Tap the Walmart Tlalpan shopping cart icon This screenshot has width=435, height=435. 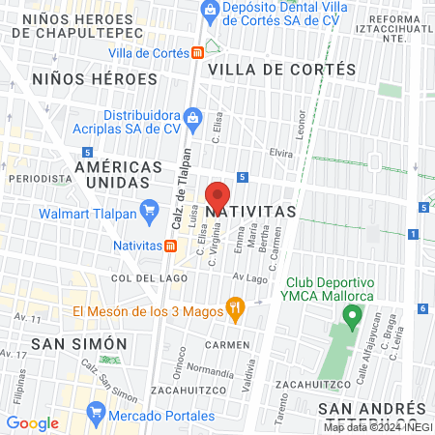click(149, 209)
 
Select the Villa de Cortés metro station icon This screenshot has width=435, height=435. click(196, 52)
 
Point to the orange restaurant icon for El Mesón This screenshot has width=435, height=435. click(233, 310)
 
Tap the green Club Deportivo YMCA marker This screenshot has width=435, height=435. click(353, 315)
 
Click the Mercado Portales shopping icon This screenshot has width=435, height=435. click(96, 413)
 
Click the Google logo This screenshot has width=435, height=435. click(32, 422)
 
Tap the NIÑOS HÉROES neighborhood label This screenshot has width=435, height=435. click(94, 78)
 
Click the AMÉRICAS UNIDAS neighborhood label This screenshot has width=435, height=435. click(126, 174)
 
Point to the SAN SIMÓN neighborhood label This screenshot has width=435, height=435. click(79, 343)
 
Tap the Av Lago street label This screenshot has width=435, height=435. click(248, 277)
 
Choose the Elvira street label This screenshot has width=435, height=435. click(280, 153)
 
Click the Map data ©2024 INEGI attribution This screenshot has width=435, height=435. click(377, 426)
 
